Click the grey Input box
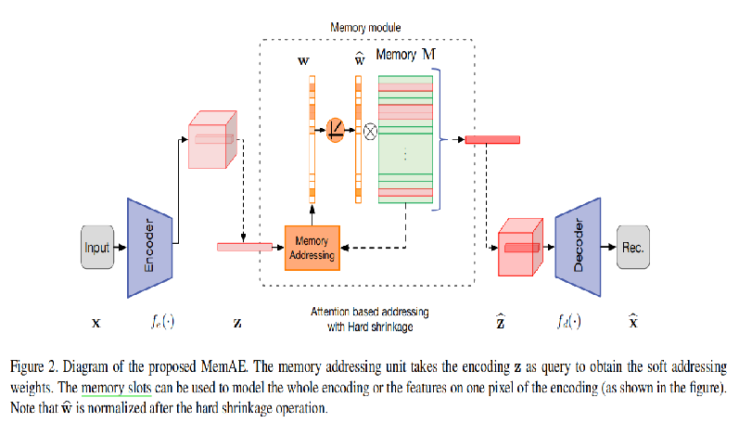click(96, 248)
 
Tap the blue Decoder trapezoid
click(577, 248)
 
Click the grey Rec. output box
click(634, 248)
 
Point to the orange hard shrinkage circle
click(336, 132)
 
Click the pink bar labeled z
click(244, 247)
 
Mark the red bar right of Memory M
click(491, 140)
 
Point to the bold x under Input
click(96, 325)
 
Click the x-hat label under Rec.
click(633, 323)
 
